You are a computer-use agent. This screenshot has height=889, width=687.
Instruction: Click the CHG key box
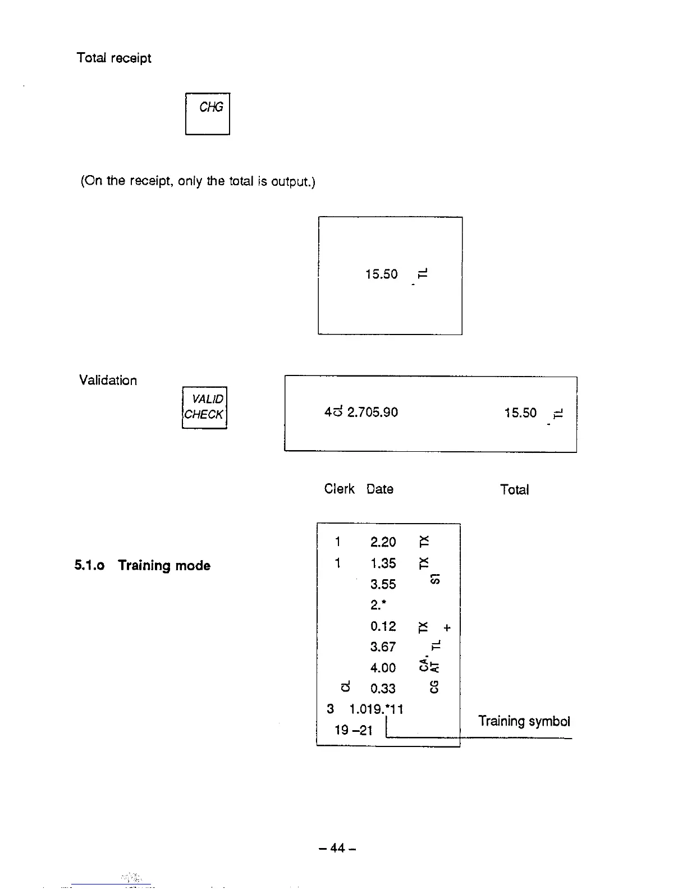(x=208, y=114)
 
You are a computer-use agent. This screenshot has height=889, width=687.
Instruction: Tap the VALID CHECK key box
(x=204, y=407)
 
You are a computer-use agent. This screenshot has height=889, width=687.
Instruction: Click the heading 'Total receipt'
(x=114, y=58)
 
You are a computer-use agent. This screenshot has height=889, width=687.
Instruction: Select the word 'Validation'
(x=108, y=381)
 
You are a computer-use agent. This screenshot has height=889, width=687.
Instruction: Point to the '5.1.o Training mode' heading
(x=143, y=566)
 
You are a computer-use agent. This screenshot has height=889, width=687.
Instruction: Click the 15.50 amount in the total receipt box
(x=381, y=274)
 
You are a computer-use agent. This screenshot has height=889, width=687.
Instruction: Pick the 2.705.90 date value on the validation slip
(x=373, y=413)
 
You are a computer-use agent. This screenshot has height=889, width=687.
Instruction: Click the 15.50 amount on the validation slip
(x=520, y=413)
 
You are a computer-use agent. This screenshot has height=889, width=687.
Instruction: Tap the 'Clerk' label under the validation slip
(x=339, y=489)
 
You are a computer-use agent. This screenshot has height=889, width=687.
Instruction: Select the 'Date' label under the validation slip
(x=380, y=489)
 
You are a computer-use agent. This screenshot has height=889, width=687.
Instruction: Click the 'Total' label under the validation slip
(x=515, y=490)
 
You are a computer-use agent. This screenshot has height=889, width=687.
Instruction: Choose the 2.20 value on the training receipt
(x=383, y=542)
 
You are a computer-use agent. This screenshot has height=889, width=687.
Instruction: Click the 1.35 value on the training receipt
(x=383, y=563)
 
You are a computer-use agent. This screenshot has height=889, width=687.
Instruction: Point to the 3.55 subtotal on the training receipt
(x=383, y=585)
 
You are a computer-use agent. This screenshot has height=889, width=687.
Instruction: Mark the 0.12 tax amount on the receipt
(x=383, y=626)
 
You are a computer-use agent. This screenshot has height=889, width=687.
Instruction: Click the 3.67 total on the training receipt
(x=383, y=647)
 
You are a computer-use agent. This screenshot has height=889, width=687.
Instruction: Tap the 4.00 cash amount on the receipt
(x=383, y=668)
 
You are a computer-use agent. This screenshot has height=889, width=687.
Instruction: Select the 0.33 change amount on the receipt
(x=383, y=689)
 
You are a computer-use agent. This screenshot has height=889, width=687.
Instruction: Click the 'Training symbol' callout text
(x=524, y=721)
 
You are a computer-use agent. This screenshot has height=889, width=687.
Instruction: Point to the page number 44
(x=337, y=848)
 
